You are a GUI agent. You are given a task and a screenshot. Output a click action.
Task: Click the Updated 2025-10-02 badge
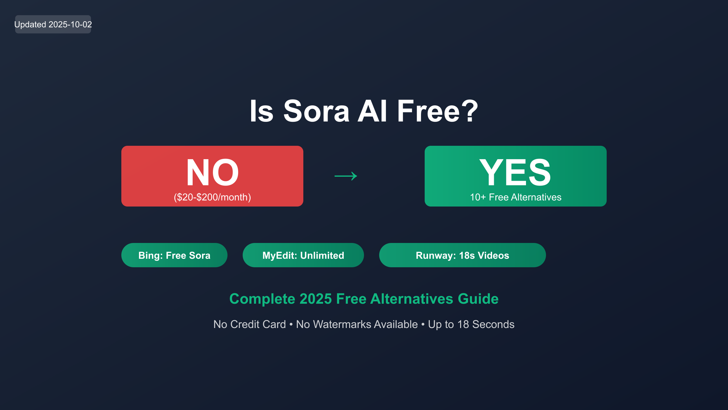point(53,24)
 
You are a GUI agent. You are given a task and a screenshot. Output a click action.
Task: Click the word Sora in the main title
point(316,111)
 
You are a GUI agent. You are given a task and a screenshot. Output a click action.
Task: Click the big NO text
point(212,172)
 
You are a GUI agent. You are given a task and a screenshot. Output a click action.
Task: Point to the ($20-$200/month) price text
point(212,197)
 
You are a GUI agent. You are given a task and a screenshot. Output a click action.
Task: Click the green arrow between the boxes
point(346,176)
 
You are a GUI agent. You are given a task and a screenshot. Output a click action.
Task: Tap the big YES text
point(515,172)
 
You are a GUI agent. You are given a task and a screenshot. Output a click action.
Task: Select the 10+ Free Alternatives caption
point(516,197)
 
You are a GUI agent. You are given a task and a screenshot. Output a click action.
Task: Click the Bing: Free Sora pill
point(174,255)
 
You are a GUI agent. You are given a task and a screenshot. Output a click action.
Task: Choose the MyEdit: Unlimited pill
point(303,255)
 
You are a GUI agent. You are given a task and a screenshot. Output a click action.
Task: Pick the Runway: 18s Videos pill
point(463,255)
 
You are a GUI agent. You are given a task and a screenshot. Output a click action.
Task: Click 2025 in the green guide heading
point(315,299)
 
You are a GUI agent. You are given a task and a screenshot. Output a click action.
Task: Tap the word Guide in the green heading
point(478,299)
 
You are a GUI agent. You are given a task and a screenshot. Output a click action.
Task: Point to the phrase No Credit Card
point(250,324)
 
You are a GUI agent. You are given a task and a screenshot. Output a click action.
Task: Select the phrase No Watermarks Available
point(357,324)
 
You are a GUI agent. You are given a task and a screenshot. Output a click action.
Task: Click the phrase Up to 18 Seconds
point(471,324)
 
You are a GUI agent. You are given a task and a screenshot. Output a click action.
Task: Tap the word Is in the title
point(262,111)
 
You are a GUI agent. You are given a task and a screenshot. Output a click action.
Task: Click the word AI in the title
point(372,111)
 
